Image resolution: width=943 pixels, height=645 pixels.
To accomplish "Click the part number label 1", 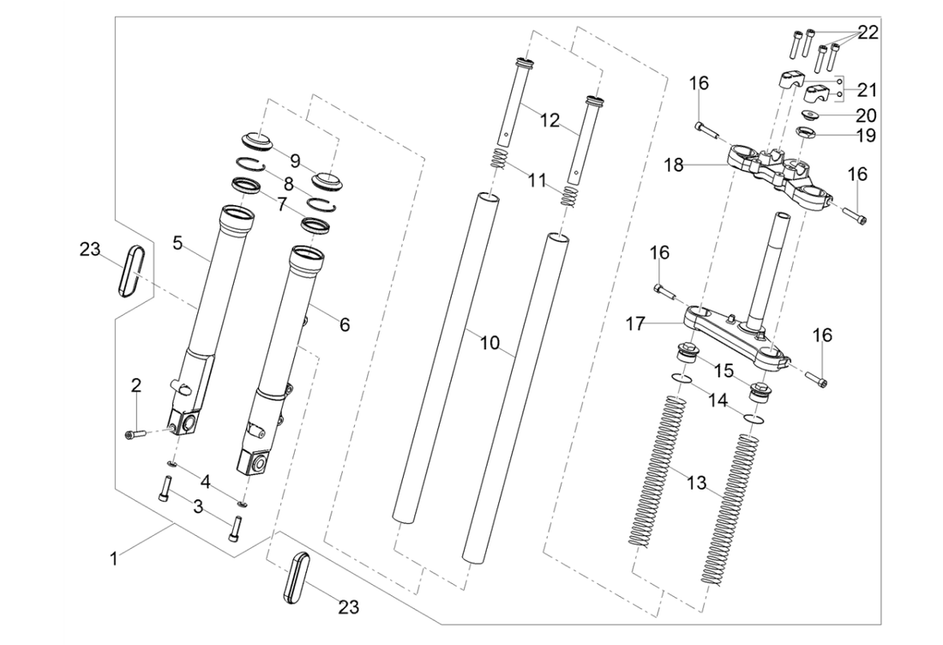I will coord(113,558).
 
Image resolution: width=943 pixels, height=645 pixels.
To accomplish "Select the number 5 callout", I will coord(177,243).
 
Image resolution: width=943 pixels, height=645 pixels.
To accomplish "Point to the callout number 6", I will coord(345,325).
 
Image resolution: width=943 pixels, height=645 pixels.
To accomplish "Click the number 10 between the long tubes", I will coord(489,343).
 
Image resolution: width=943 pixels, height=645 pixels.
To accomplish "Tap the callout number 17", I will coord(635,325).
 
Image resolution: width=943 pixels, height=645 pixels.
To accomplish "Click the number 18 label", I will coord(674,165).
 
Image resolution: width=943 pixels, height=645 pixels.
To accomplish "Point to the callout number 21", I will coord(868,90).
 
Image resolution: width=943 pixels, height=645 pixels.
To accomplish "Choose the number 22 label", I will coord(868,33).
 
